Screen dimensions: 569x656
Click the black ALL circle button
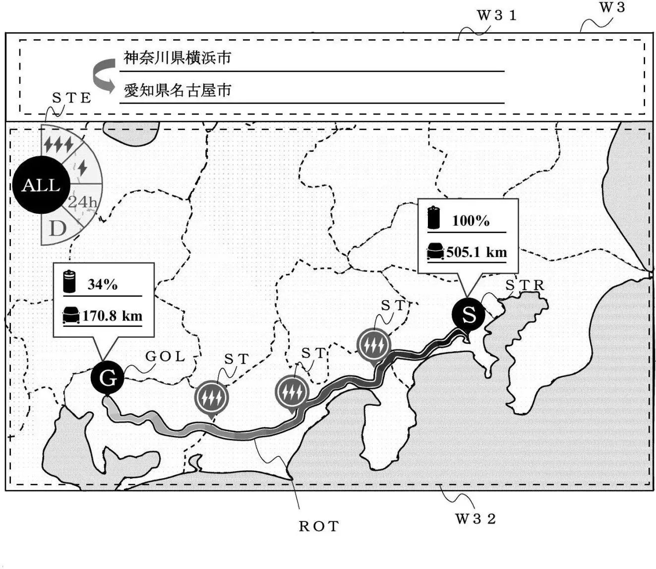(x=41, y=185)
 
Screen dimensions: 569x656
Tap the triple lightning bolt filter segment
(x=59, y=144)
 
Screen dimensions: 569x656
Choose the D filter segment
(x=58, y=229)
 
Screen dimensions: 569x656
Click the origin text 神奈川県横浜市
(x=177, y=58)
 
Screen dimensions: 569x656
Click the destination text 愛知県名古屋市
(x=177, y=90)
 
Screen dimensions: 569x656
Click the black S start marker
(x=468, y=315)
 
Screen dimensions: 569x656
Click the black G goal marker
(x=107, y=378)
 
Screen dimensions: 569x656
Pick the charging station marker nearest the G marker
(x=212, y=396)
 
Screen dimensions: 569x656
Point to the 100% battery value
(x=471, y=220)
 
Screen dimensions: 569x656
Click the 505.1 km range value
(x=477, y=252)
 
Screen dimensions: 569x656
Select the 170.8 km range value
(x=112, y=316)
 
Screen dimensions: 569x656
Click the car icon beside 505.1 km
(x=435, y=251)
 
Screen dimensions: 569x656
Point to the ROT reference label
(x=318, y=526)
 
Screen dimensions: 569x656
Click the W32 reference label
(x=476, y=519)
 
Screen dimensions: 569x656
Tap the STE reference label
(x=72, y=98)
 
